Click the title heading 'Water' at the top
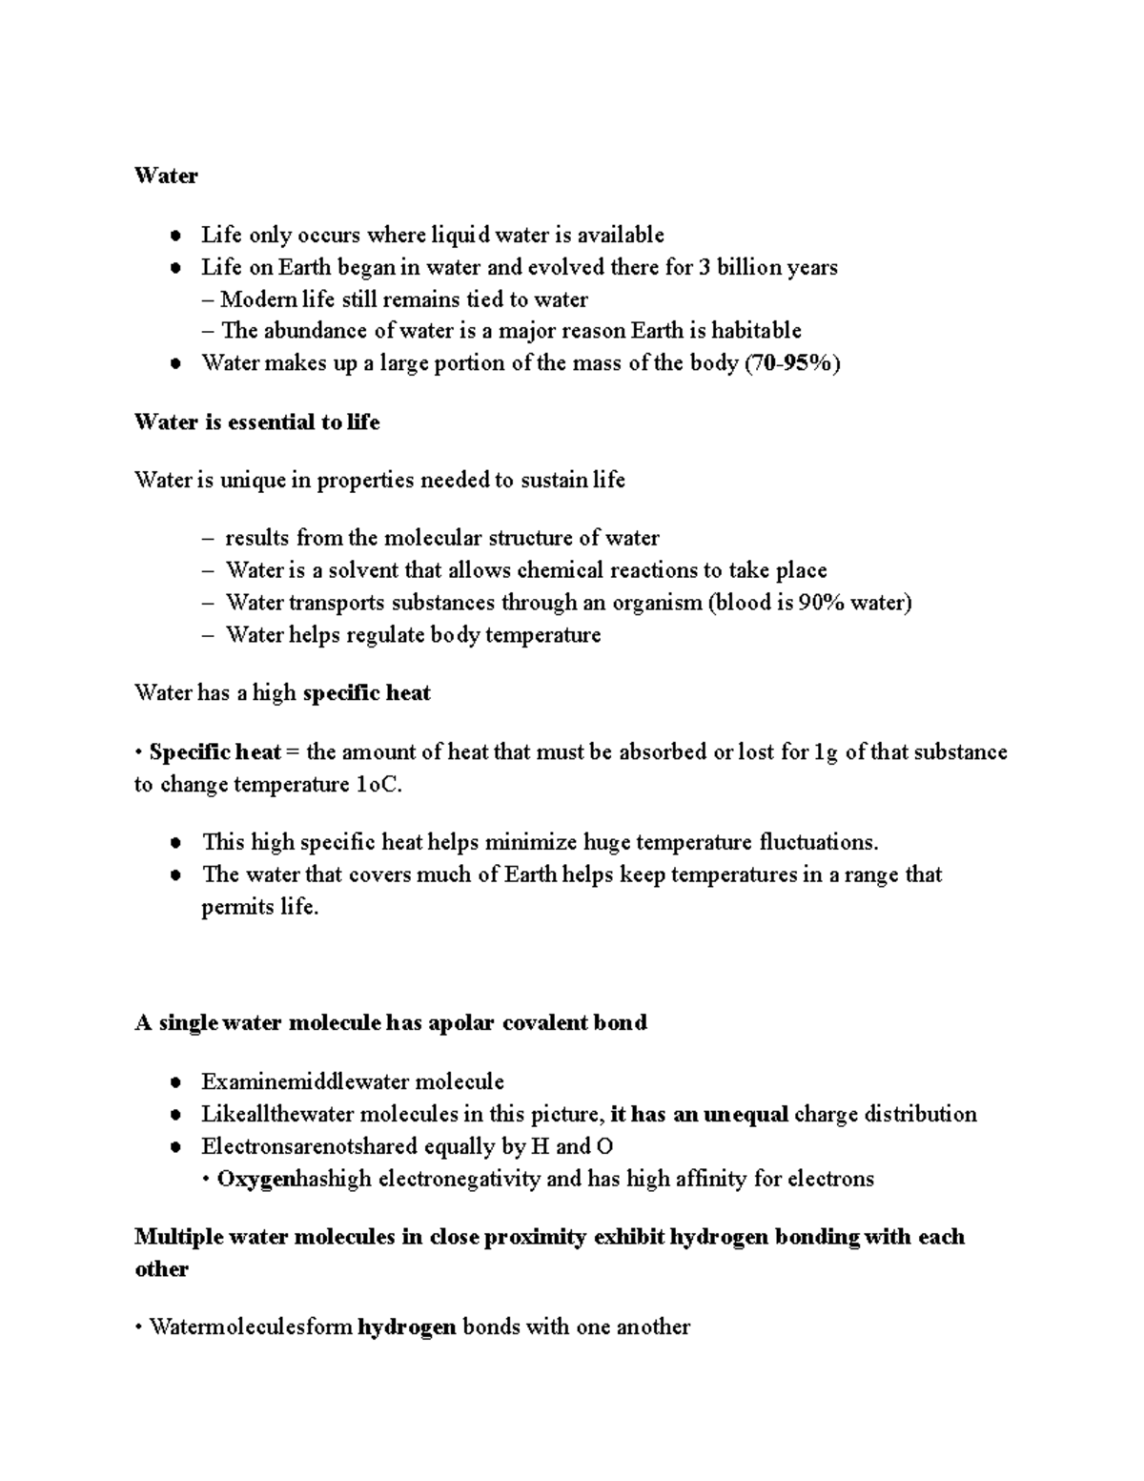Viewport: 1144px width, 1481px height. (166, 175)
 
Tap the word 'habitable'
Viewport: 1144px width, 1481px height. (756, 331)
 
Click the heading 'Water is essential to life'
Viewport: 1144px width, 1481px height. (257, 422)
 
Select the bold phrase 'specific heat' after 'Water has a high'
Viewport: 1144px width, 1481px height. (366, 693)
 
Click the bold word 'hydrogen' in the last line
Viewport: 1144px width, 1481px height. (407, 1327)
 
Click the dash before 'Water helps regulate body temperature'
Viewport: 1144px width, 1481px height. (209, 636)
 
